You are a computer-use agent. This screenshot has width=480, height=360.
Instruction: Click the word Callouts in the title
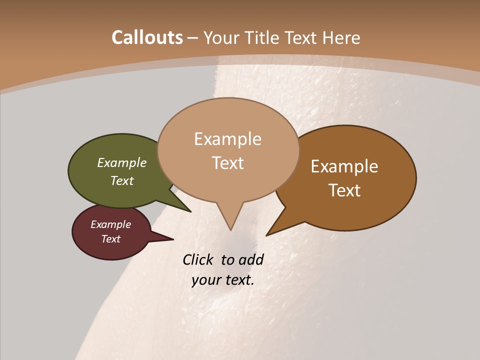point(147,37)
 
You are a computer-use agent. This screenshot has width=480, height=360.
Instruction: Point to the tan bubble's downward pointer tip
point(230,229)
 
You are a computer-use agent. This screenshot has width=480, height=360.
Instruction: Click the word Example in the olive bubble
point(122,163)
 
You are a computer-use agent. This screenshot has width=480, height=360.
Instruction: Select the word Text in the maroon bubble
point(111,239)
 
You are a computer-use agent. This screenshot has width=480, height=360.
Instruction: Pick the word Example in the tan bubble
point(227,139)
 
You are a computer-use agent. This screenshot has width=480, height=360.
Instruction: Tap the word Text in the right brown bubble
point(344,190)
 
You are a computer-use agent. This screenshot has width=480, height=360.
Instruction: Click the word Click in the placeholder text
point(198,260)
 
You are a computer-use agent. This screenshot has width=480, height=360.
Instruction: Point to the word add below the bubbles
point(251,260)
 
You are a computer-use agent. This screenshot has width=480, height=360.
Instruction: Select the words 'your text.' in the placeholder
point(223,280)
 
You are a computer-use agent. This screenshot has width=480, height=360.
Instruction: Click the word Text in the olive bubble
point(122,181)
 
